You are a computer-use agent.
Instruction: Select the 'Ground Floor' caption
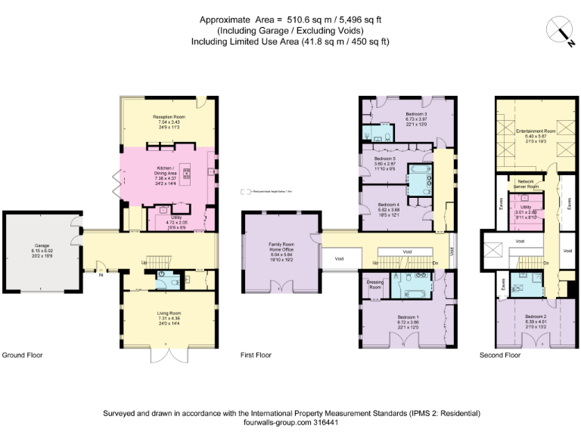20,354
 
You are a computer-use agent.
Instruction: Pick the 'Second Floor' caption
500,354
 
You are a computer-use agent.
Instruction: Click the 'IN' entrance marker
100,274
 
